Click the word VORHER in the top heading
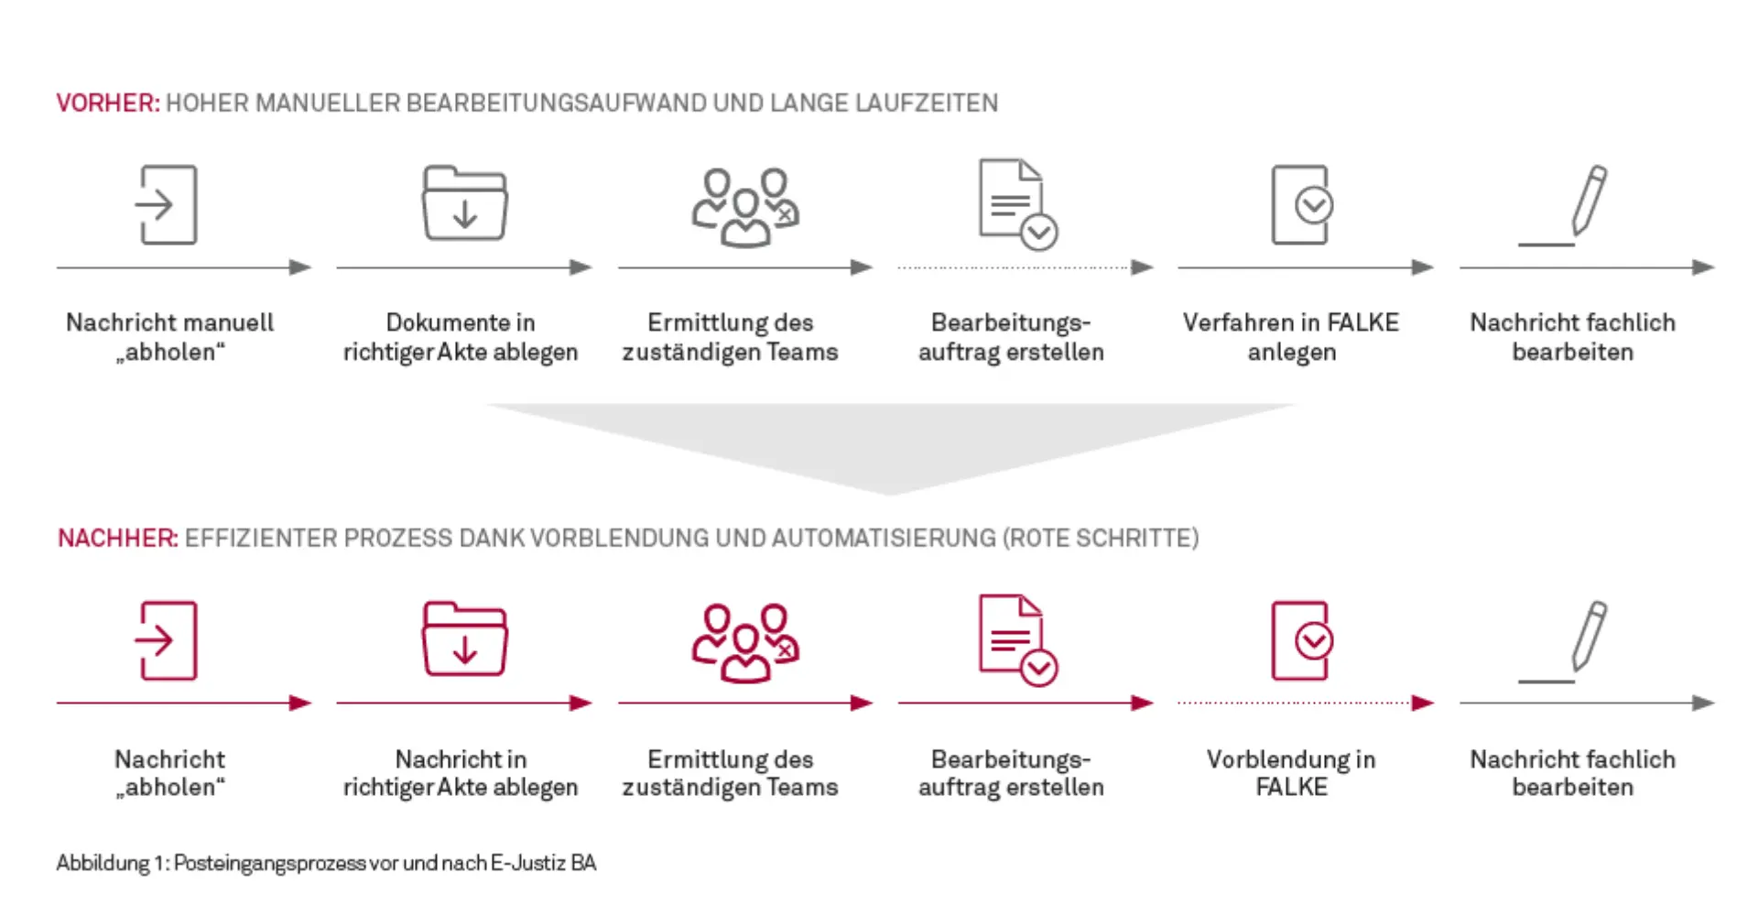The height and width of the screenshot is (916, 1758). (106, 103)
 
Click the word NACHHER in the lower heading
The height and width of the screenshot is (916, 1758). (116, 538)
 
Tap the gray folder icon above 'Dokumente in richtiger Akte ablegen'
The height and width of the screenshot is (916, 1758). (464, 203)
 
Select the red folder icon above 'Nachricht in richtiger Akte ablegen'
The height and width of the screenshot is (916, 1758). (464, 639)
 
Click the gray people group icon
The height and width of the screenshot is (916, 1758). (744, 207)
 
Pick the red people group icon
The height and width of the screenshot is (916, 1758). (744, 642)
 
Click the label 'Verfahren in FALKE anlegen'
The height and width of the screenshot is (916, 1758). (1291, 336)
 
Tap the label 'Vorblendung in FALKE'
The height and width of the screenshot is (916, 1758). (1291, 772)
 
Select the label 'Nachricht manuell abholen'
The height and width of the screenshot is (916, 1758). (169, 336)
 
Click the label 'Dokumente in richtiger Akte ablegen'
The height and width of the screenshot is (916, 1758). (461, 336)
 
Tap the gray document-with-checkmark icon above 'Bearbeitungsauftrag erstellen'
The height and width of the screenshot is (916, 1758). (1017, 204)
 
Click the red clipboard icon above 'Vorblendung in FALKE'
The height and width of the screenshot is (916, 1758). (1301, 640)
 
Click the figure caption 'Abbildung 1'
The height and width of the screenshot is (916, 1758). (325, 863)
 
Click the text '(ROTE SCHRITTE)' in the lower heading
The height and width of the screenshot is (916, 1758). (1101, 538)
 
